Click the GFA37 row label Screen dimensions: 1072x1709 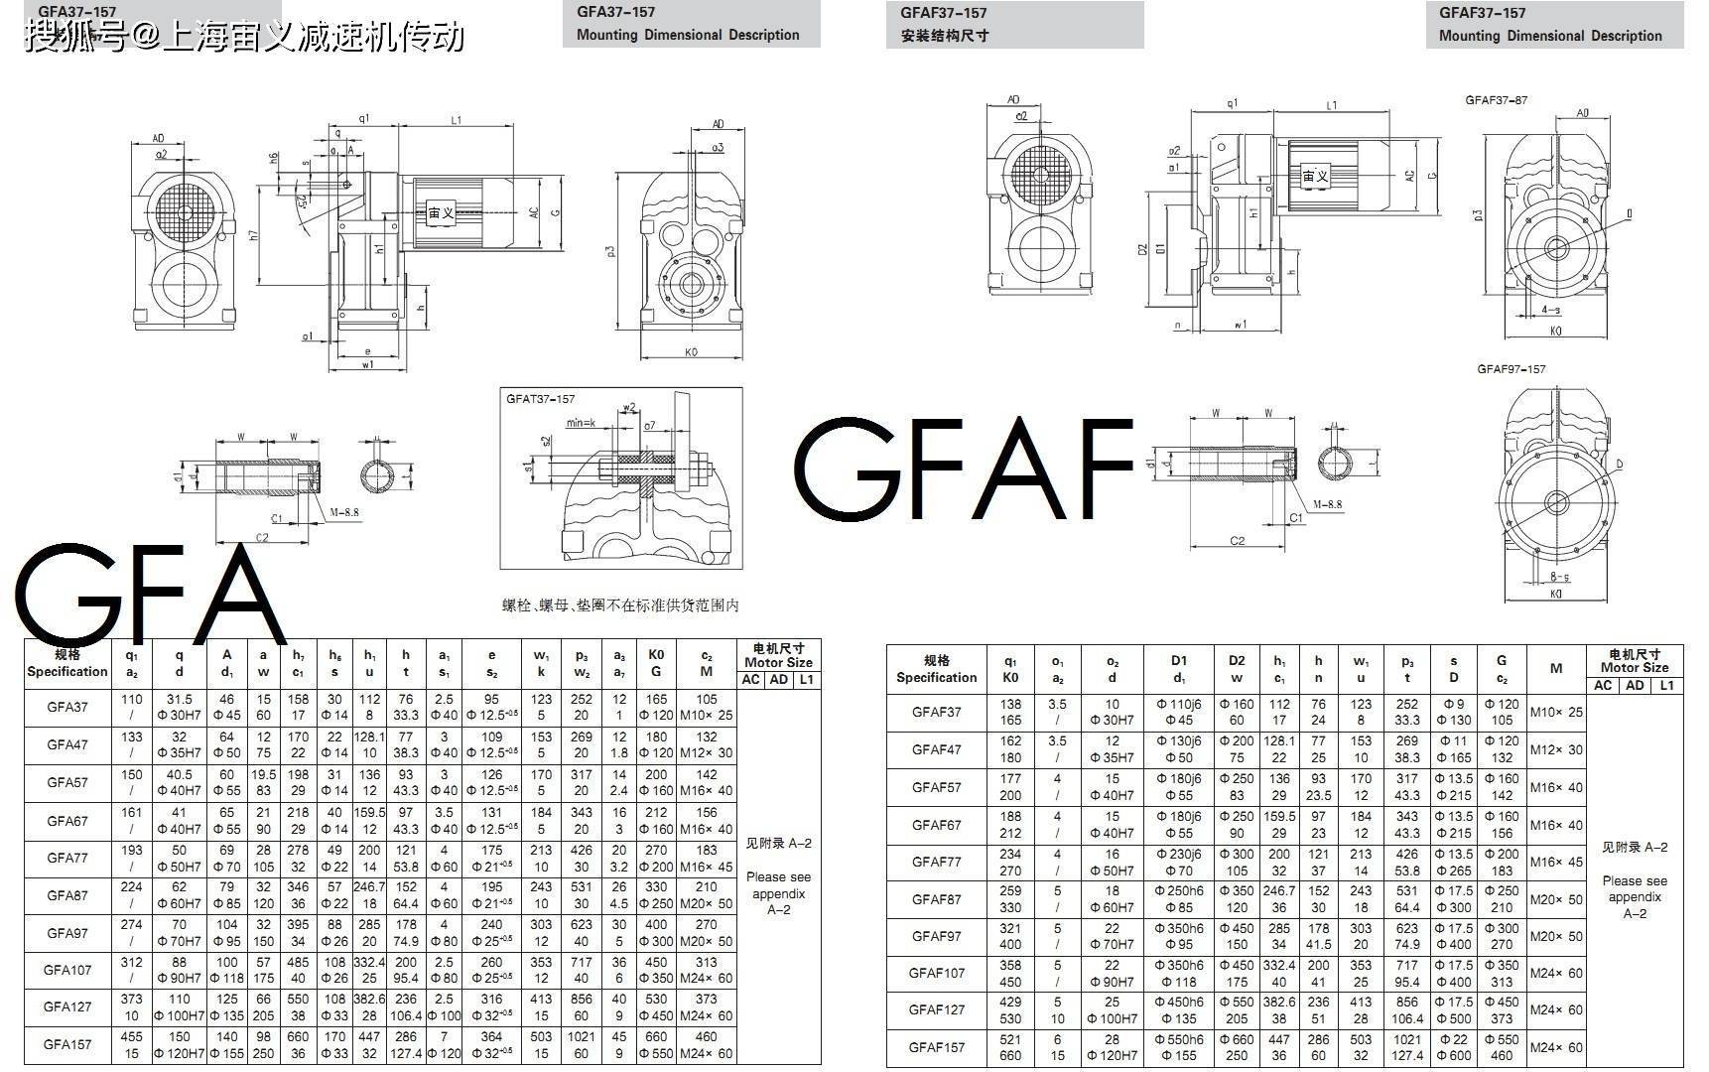[67, 708]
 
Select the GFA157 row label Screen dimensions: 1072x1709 [67, 1044]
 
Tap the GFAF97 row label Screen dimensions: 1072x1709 [936, 936]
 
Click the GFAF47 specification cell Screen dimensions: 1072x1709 [936, 749]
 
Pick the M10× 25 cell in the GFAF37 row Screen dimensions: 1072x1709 [1556, 712]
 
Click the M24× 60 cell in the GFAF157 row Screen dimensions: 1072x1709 [1556, 1047]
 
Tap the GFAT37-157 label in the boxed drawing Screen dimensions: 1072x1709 [541, 399]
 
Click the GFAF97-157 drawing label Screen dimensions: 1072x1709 [1511, 369]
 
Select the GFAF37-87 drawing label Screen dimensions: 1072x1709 [1496, 100]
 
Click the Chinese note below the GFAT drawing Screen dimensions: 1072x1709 [620, 604]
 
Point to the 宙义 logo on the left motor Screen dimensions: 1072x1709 [441, 212]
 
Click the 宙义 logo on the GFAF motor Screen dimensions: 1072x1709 [1315, 177]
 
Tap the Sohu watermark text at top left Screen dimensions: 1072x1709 [244, 37]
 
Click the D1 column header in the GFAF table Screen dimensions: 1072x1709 [1179, 669]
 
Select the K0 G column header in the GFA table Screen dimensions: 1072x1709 [656, 663]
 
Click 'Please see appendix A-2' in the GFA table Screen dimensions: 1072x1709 [778, 892]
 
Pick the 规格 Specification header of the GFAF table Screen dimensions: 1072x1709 [936, 669]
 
